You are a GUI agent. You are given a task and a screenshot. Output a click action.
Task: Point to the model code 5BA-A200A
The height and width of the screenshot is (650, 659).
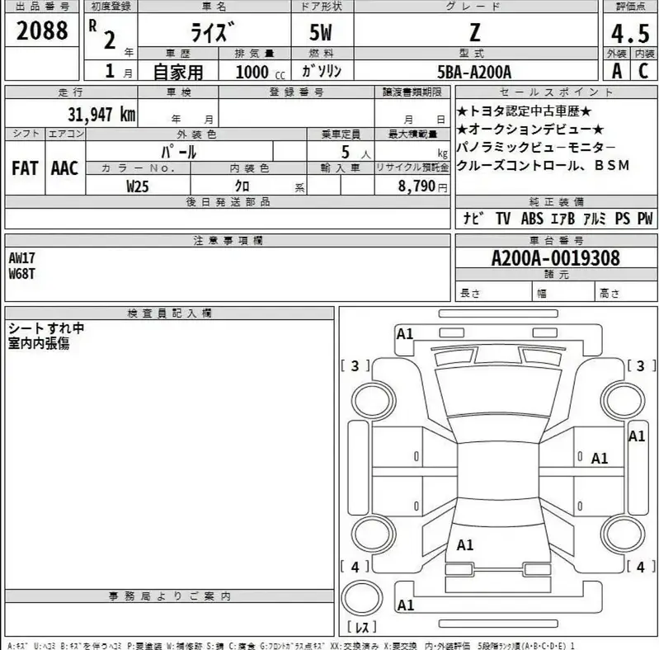coord(474,72)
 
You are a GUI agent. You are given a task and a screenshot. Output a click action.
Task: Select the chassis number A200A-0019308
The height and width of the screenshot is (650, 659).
coord(555,257)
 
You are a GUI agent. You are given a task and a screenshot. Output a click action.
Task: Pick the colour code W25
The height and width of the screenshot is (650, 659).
coord(138,186)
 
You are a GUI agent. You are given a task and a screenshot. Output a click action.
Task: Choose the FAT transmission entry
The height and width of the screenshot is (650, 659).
coord(25,168)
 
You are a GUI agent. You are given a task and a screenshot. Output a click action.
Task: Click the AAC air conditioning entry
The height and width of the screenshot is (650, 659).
coord(64,168)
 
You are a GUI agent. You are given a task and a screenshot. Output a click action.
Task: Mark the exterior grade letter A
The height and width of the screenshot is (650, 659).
coord(615,71)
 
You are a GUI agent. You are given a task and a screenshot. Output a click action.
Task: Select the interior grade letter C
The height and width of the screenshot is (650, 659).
coord(643,71)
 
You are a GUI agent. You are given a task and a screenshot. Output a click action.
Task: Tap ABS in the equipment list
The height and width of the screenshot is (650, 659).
coord(532,219)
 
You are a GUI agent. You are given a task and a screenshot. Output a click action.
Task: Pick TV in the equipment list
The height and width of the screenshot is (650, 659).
coord(502,219)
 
